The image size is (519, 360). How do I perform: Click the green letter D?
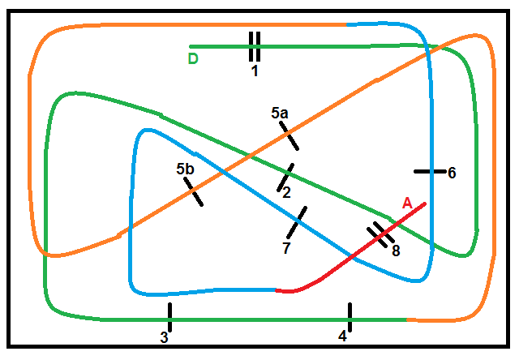pos(192,58)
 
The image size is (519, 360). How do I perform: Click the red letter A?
pos(408,203)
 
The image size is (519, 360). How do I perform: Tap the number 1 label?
pos(255,71)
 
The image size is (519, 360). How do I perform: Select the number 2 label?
pos(285,192)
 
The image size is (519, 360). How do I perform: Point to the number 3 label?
pos(164,337)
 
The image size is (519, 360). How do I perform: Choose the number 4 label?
pos(342,336)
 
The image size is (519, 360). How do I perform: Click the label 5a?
pos(280,114)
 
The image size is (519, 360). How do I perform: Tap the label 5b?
pos(185,169)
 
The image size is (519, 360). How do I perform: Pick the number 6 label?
pos(452,172)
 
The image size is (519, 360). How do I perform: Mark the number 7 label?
pos(286,248)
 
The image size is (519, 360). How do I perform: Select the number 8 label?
pos(396,251)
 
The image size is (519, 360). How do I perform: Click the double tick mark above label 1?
pos(255,47)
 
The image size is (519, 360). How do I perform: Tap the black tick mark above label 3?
pos(169,312)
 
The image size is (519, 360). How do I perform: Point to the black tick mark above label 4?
pos(350,313)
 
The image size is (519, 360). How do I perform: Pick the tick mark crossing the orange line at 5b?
pos(193,192)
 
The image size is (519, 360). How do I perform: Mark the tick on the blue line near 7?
pos(299,216)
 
